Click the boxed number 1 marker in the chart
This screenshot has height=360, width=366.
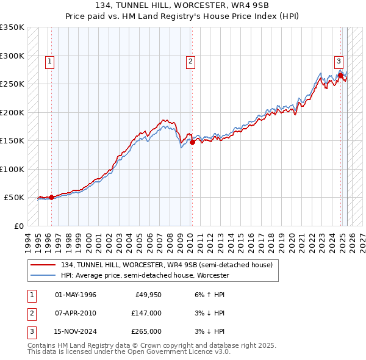pos(49,60)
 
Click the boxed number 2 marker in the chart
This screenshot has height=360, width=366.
pos(191,60)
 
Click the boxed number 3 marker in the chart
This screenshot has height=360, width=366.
pos(338,60)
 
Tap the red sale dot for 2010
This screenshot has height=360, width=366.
pos(192,142)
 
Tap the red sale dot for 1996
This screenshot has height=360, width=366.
pos(51,197)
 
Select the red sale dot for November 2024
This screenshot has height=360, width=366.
pos(340,76)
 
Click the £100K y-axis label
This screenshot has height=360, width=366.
pos(12,169)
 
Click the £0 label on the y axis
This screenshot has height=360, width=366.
pos(17,226)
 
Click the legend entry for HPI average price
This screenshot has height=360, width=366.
pos(145,275)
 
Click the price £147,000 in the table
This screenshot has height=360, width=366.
pos(146,313)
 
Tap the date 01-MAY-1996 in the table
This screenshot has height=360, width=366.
pos(76,295)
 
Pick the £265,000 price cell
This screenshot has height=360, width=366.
pos(146,331)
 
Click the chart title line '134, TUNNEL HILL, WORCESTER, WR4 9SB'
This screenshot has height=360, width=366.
pos(183,5)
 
